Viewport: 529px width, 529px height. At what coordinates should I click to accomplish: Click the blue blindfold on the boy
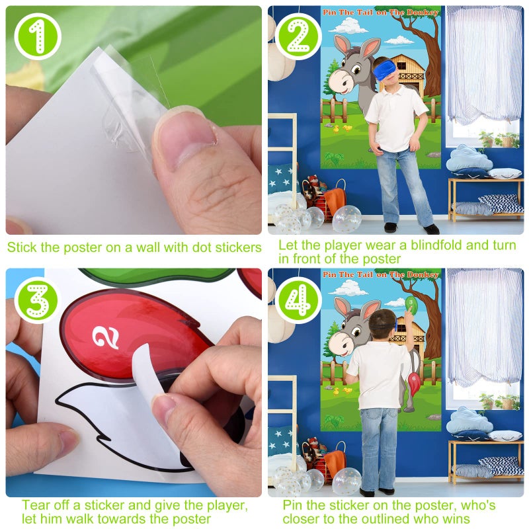tap(386, 68)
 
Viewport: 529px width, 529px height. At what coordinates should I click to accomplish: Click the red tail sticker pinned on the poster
tap(414, 383)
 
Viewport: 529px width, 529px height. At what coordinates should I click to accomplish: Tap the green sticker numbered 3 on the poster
tap(411, 305)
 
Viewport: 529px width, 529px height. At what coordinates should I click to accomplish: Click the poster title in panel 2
tap(380, 12)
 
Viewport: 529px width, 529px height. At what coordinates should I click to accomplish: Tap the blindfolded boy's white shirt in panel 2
tap(395, 110)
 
